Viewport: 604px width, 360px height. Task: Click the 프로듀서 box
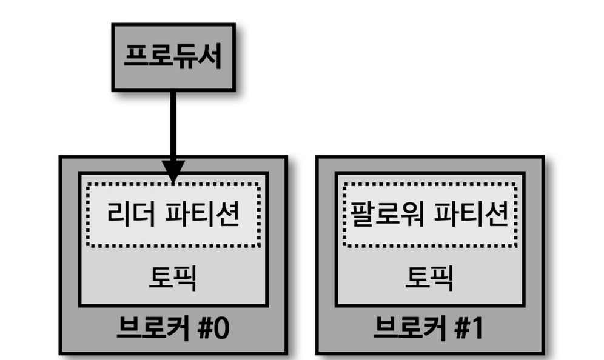click(173, 57)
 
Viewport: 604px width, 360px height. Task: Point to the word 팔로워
click(386, 215)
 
